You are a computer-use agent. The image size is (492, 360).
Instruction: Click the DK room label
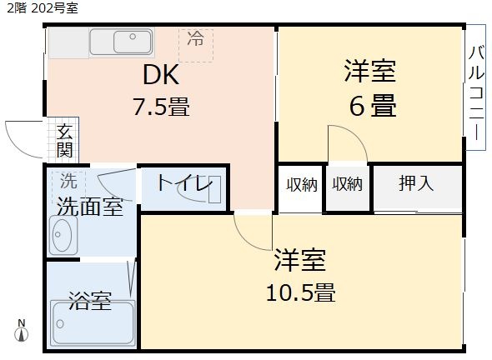[161, 76]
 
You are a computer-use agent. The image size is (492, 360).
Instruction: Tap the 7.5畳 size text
[161, 107]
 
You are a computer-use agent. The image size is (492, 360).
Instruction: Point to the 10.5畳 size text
[300, 293]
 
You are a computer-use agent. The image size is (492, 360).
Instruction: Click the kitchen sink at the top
[121, 42]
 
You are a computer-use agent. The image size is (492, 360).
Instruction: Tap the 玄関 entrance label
[64, 141]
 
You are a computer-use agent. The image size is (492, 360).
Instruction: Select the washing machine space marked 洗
[68, 180]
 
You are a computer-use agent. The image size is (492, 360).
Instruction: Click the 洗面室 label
[89, 206]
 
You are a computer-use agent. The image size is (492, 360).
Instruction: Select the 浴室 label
[89, 300]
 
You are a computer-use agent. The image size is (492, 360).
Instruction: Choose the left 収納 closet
[301, 184]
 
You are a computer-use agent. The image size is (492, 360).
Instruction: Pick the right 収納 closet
[346, 184]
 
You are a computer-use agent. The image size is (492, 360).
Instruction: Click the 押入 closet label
[416, 184]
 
